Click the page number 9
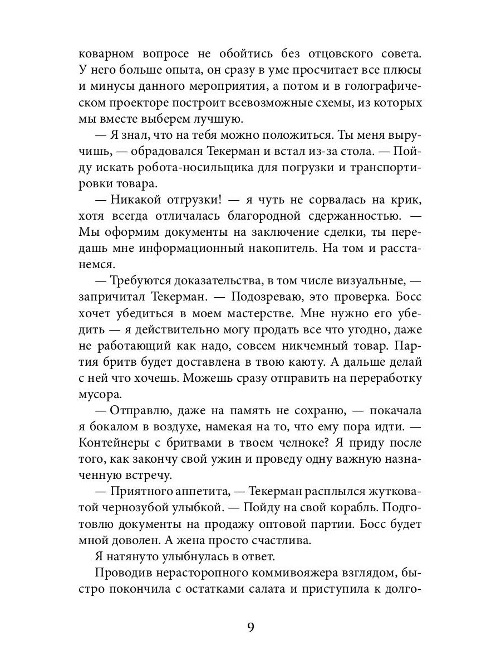(x=250, y=627)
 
